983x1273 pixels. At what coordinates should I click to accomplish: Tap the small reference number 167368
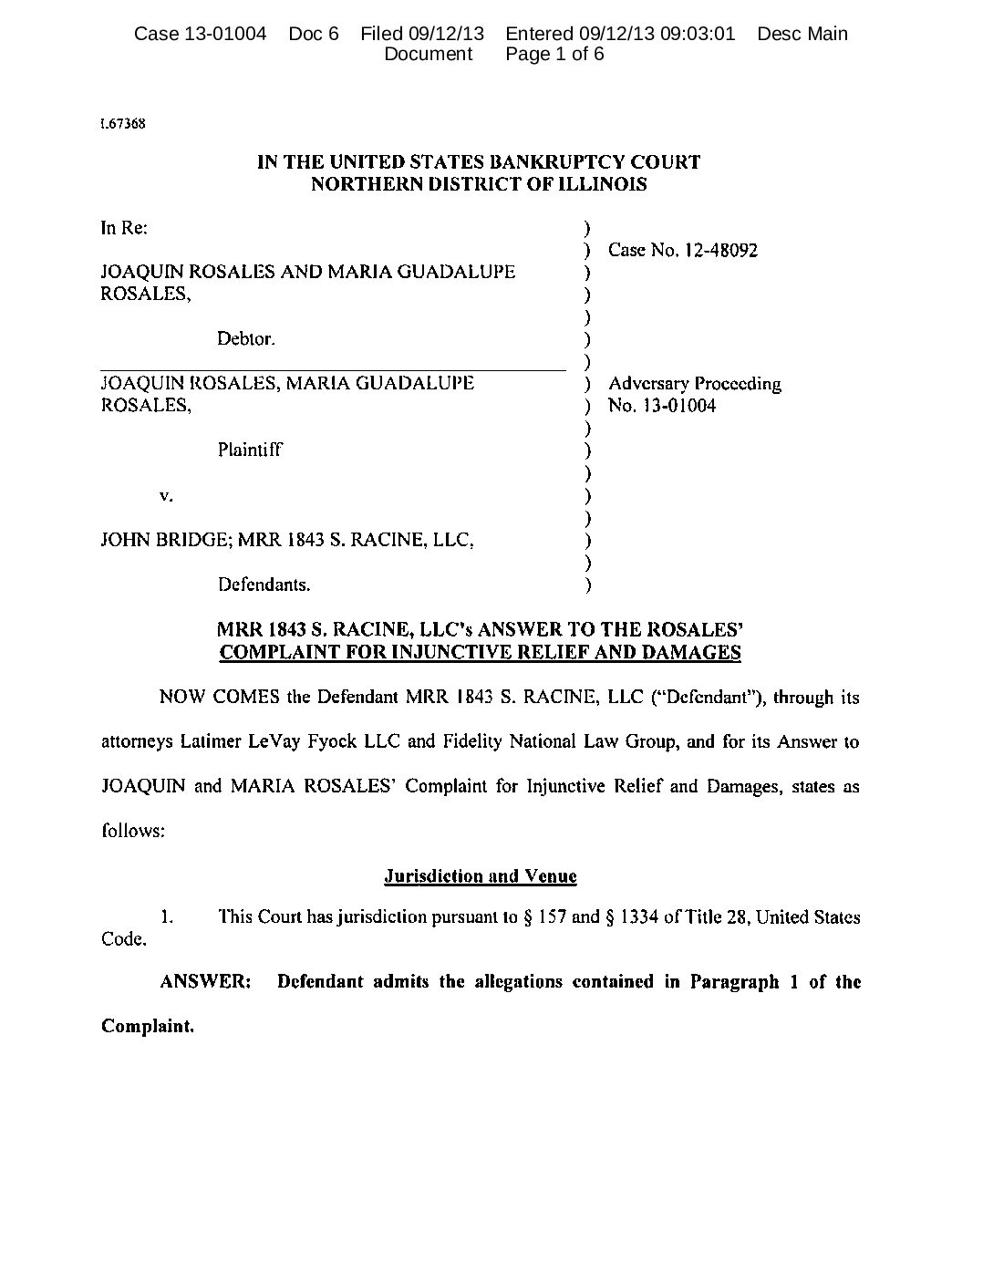pyautogui.click(x=123, y=123)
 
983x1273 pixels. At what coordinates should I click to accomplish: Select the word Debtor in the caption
pyautogui.click(x=245, y=339)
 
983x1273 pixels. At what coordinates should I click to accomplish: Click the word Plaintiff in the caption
pyautogui.click(x=250, y=450)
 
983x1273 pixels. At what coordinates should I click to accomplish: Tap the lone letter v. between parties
pyautogui.click(x=166, y=495)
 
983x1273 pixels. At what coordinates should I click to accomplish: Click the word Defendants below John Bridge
pyautogui.click(x=264, y=584)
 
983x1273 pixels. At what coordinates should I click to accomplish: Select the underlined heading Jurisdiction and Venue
pyautogui.click(x=481, y=876)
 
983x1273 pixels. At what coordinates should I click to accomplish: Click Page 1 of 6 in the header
pyautogui.click(x=554, y=54)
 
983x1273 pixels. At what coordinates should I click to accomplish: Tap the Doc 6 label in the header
pyautogui.click(x=314, y=34)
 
